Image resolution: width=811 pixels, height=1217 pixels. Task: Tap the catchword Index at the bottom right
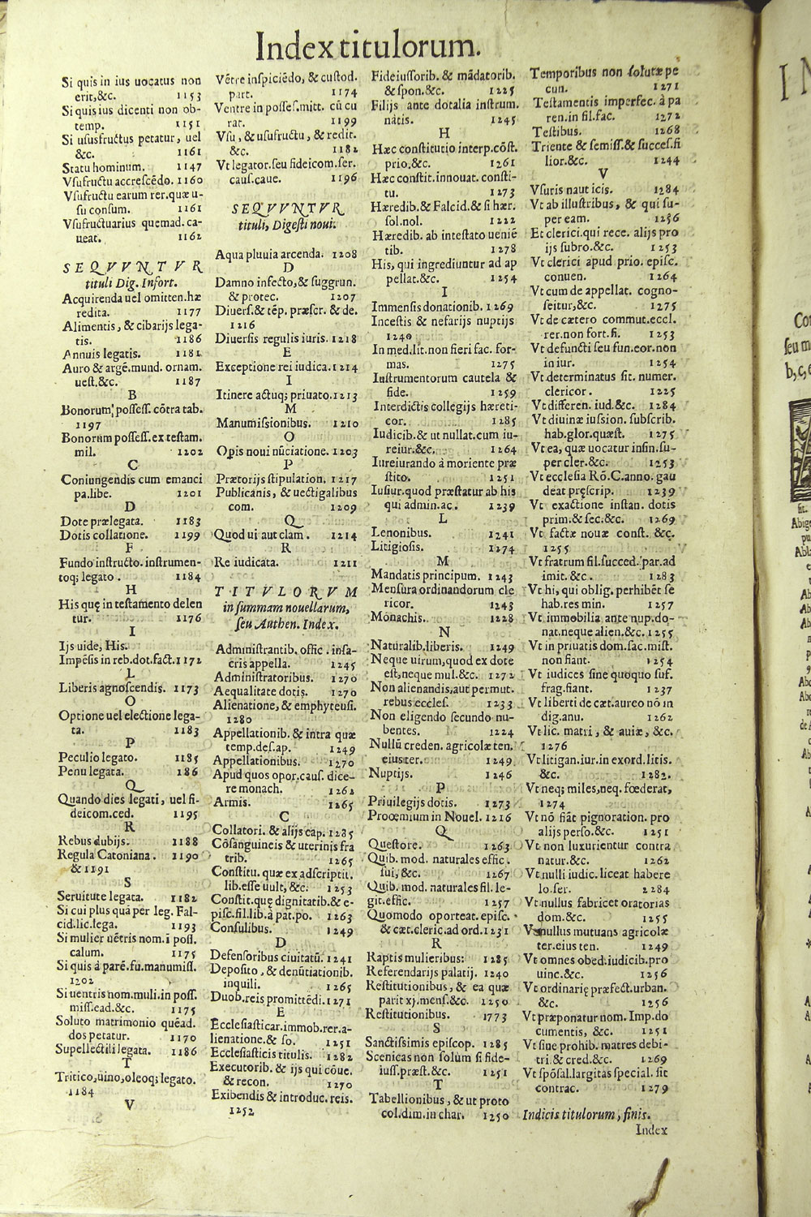650,1128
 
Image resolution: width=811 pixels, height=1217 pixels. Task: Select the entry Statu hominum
91,167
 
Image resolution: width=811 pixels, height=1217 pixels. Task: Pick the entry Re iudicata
241,561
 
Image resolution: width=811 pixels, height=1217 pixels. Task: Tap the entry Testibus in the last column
558,131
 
